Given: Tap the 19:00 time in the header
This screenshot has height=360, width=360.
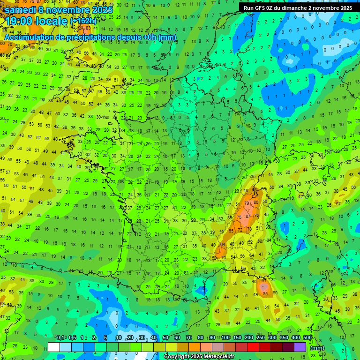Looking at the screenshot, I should point(20,21).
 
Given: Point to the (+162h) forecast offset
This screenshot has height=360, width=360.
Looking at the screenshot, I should point(83,21).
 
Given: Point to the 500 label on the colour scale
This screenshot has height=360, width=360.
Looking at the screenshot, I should point(307,337).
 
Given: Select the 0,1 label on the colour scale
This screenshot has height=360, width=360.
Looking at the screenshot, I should point(61,337).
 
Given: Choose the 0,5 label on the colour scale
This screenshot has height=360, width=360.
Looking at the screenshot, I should point(73,337).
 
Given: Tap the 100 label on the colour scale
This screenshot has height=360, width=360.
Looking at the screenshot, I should point(225,337).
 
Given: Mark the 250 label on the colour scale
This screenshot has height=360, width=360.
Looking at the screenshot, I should point(260,337).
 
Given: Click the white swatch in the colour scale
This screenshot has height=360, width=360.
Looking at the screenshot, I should point(54,347).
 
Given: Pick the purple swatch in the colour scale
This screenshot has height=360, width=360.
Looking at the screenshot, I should point(300,347).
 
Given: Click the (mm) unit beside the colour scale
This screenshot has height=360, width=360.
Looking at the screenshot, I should point(317,348).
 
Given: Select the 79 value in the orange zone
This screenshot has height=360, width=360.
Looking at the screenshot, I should point(247,203).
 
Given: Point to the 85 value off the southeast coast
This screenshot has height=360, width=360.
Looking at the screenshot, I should point(265,294).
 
